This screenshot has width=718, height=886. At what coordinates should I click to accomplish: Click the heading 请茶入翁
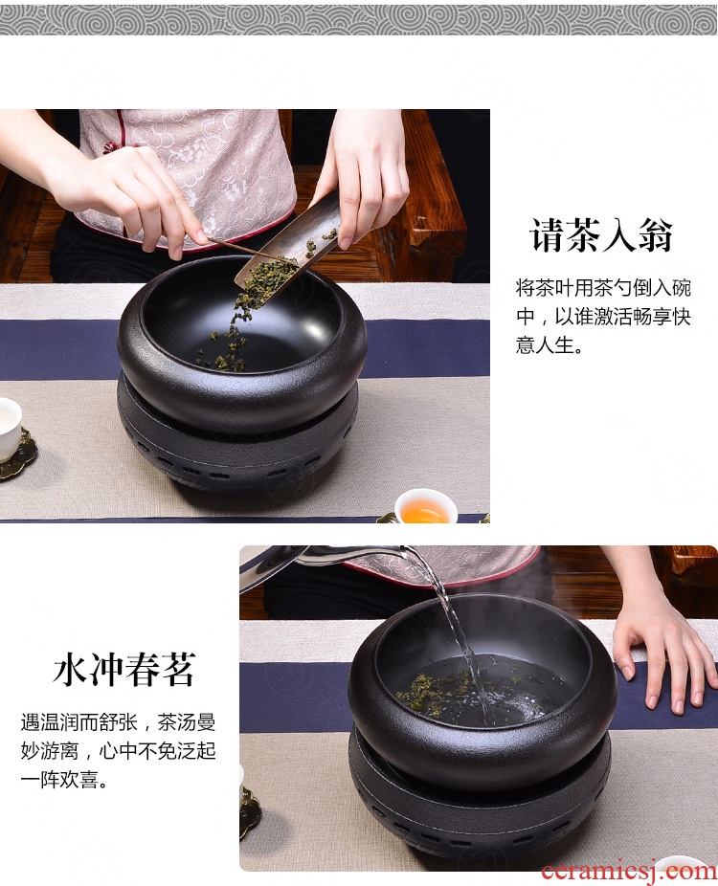pos(601,234)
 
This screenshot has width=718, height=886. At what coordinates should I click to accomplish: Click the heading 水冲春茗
pos(124,670)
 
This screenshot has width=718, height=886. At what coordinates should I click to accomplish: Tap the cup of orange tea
pos(425,507)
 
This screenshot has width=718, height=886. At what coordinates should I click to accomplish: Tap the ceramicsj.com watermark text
pos(629,870)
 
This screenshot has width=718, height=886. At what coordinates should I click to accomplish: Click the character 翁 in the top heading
pos(656,235)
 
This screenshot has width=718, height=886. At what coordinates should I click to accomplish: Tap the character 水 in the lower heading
pos(71,670)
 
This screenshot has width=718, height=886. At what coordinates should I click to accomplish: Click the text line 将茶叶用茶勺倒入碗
pos(603,288)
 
